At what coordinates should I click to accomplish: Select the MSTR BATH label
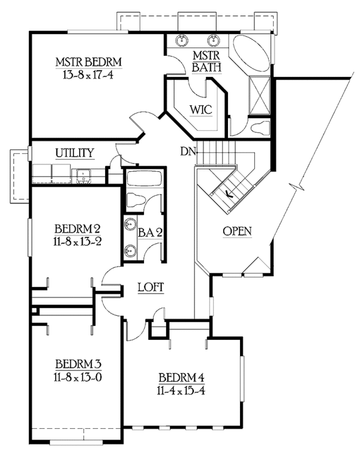[x=206, y=61]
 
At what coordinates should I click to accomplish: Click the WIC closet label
[x=198, y=110]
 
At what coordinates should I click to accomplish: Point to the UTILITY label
[x=74, y=153]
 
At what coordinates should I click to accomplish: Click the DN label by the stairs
[x=187, y=152]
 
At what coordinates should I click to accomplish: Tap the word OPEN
[x=237, y=231]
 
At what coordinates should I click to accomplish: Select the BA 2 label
[x=151, y=232]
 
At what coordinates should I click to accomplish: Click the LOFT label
[x=151, y=288]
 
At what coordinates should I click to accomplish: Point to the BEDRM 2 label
[x=77, y=228]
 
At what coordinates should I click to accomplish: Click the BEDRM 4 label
[x=182, y=378]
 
